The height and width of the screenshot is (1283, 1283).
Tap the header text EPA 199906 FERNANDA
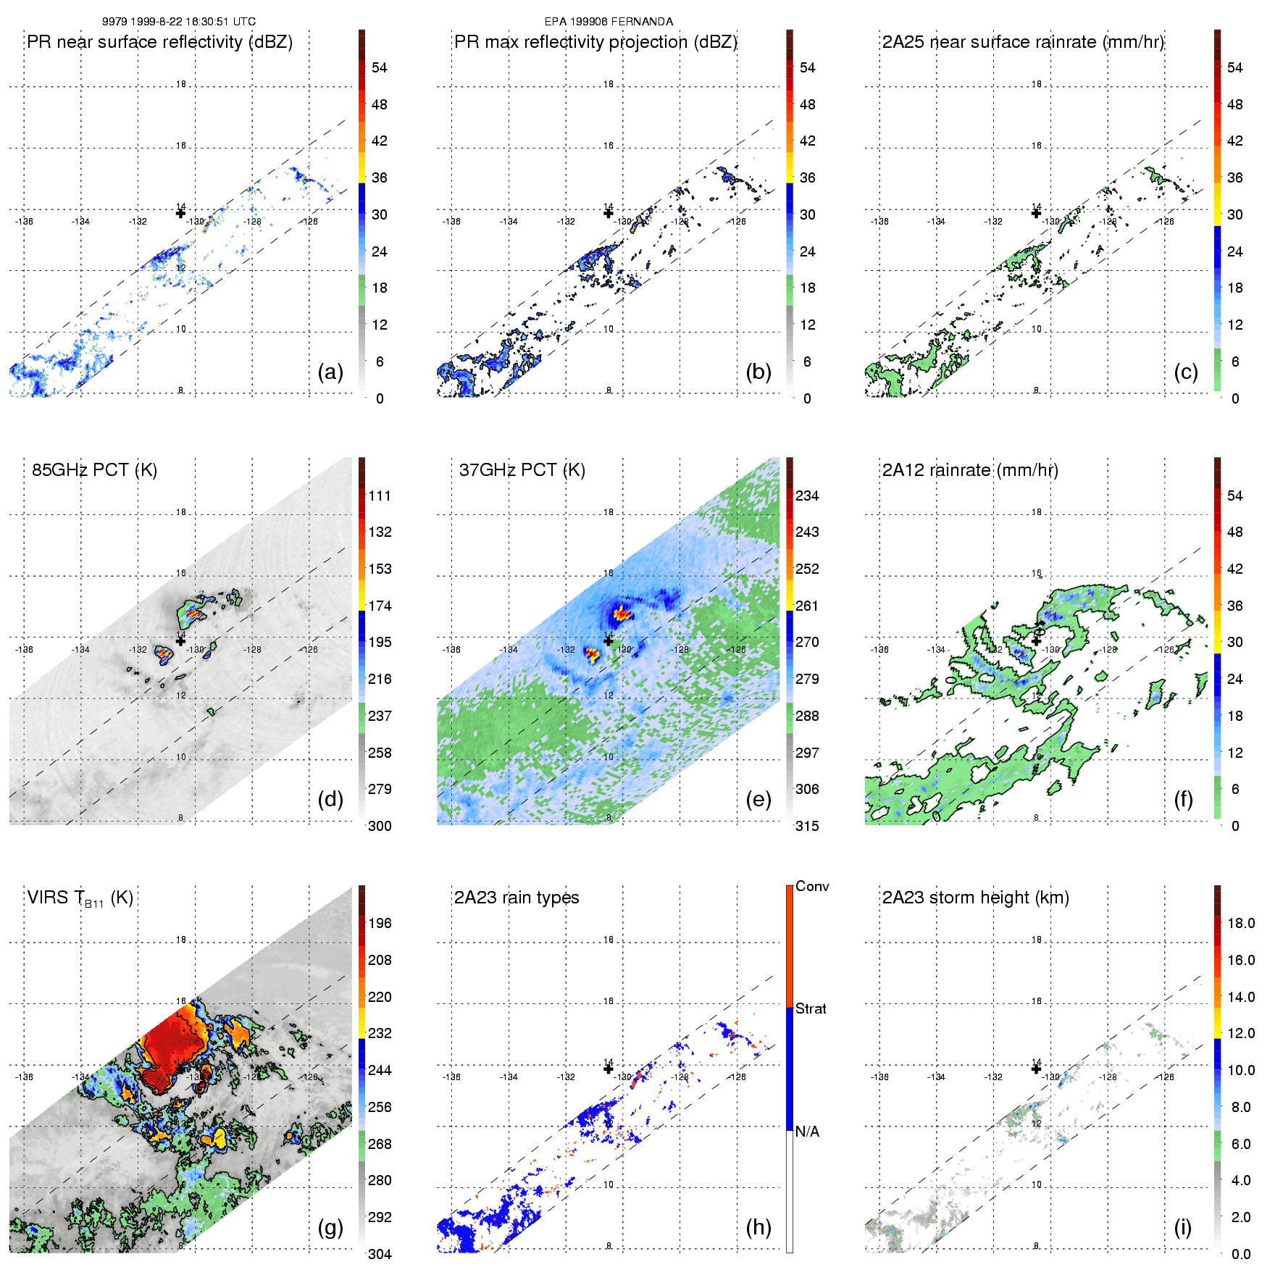pyautogui.click(x=609, y=22)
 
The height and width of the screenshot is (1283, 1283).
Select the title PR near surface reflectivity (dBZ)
pyautogui.click(x=159, y=42)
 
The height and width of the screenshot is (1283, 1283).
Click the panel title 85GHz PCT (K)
pyautogui.click(x=94, y=470)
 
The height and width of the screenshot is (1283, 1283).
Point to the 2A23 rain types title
pyautogui.click(x=517, y=898)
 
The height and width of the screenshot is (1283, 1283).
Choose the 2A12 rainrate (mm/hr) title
pyautogui.click(x=970, y=470)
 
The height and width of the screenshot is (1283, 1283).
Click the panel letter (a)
pyautogui.click(x=330, y=372)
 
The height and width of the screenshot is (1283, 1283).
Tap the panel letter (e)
pyautogui.click(x=758, y=800)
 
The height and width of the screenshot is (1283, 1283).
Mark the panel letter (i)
pyautogui.click(x=1182, y=1227)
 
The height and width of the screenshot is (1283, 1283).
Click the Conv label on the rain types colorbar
pyautogui.click(x=812, y=887)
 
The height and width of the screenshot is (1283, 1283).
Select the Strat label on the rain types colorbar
pyautogui.click(x=811, y=1008)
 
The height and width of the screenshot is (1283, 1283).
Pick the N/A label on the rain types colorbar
pyautogui.click(x=807, y=1132)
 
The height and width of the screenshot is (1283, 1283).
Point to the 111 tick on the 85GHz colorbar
pyautogui.click(x=380, y=496)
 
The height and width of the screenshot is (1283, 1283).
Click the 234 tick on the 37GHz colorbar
pyautogui.click(x=807, y=496)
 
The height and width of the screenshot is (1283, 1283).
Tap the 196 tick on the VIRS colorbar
pyautogui.click(x=380, y=924)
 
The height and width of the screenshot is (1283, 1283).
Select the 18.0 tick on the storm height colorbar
pyautogui.click(x=1241, y=924)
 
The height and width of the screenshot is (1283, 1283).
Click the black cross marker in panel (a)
pyautogui.click(x=180, y=213)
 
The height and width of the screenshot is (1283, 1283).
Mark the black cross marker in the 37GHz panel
pyautogui.click(x=609, y=640)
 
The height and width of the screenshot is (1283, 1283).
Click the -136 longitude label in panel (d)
pyautogui.click(x=24, y=650)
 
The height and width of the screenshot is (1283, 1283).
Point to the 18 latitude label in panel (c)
pyautogui.click(x=1037, y=84)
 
